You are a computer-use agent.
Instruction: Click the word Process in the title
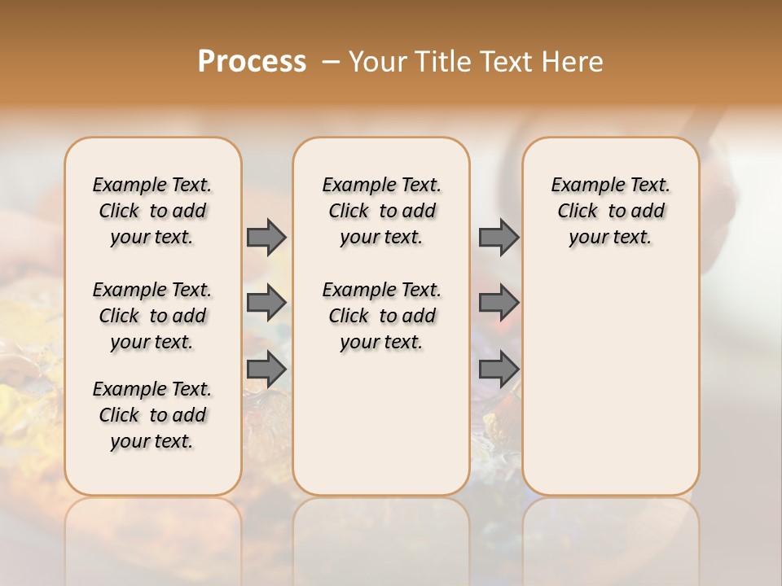(252, 62)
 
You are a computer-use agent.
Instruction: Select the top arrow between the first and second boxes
(266, 237)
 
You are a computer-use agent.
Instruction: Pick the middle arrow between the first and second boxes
(266, 303)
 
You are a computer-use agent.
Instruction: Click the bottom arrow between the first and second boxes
(266, 369)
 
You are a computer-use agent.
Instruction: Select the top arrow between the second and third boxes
(499, 237)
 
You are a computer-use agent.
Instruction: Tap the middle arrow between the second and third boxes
(499, 303)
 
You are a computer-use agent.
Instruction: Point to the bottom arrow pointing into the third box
(499, 369)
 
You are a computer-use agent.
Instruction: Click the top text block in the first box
(152, 211)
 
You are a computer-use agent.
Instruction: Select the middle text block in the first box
(152, 316)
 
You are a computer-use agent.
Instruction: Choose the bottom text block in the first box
(152, 415)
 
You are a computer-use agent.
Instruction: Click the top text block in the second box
(381, 211)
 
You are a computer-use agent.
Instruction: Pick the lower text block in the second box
(381, 316)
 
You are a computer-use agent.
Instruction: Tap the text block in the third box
(611, 211)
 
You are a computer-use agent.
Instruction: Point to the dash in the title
(330, 62)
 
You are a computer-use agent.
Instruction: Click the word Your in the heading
(378, 62)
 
